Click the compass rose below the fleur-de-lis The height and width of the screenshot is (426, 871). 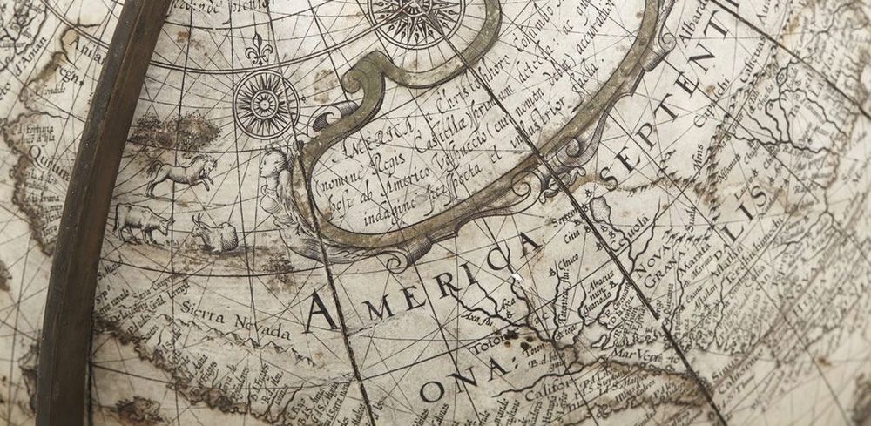pos(267,104)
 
